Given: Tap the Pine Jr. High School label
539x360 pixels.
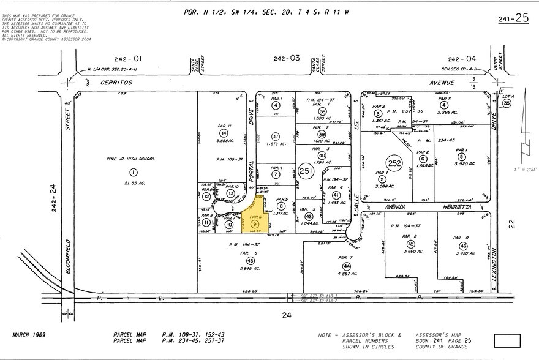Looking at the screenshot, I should click(130, 159).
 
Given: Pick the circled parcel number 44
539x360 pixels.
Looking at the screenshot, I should click(347, 267).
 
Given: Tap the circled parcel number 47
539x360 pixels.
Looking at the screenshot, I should click(276, 136).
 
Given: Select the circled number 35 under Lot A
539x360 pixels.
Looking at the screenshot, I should click(507, 104).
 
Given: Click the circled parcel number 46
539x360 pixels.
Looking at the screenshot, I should click(462, 246).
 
